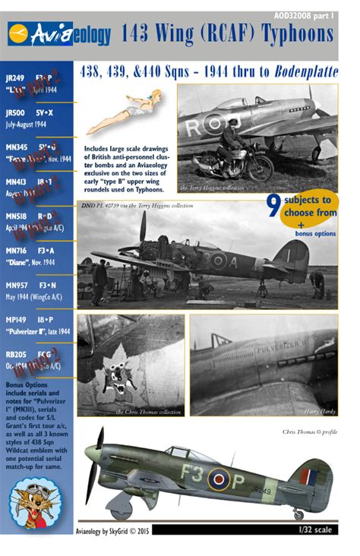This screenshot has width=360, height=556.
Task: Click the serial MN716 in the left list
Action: click(x=16, y=248)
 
